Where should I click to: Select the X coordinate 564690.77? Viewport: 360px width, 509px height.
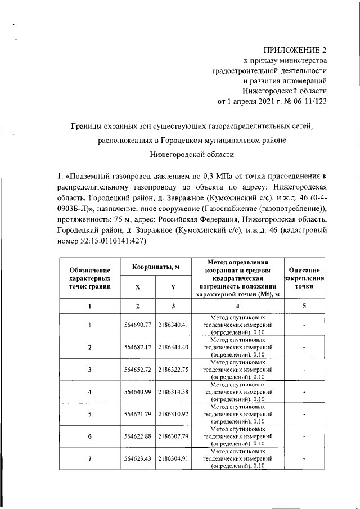pyautogui.click(x=137, y=325)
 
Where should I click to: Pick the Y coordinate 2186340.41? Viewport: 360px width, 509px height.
pyautogui.click(x=173, y=325)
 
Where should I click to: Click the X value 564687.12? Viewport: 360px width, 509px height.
pyautogui.click(x=137, y=347)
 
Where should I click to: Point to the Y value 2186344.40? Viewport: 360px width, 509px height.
pyautogui.click(x=173, y=347)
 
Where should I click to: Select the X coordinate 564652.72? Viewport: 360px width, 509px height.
pyautogui.click(x=137, y=370)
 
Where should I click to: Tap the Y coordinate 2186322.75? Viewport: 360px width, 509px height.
pyautogui.click(x=173, y=370)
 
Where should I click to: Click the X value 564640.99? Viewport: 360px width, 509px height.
pyautogui.click(x=137, y=392)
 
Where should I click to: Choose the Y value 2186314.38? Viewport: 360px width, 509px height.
pyautogui.click(x=173, y=392)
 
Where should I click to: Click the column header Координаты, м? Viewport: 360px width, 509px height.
pyautogui.click(x=156, y=266)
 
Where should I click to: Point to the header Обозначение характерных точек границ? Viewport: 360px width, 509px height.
pyautogui.click(x=90, y=278)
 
